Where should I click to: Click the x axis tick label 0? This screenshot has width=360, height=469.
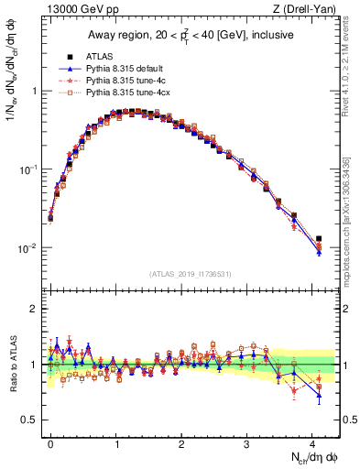click(x=50, y=442)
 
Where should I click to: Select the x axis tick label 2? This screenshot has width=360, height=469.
click(x=181, y=442)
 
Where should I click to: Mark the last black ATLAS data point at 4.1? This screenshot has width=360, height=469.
click(x=319, y=239)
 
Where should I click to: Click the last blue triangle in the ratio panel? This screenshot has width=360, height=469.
click(x=319, y=396)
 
